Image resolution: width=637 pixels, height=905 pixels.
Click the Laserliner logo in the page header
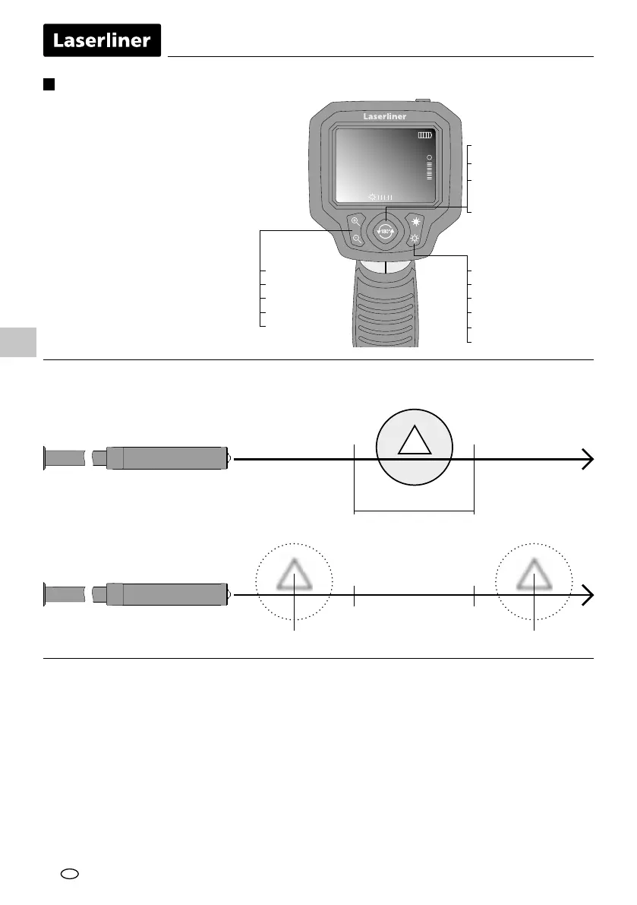coord(102,40)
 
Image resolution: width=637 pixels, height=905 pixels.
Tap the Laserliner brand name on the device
coord(384,117)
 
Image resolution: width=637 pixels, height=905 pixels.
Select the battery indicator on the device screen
coord(424,135)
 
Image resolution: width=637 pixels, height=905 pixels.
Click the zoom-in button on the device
coord(355,223)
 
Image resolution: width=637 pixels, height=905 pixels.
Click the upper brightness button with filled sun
coord(416,222)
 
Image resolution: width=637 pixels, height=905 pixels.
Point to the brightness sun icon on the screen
coord(372,198)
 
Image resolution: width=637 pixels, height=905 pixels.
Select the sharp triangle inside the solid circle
coord(415,441)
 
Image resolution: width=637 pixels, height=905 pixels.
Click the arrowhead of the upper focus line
coord(588,459)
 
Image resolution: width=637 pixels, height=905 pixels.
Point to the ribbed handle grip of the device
coord(384,312)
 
